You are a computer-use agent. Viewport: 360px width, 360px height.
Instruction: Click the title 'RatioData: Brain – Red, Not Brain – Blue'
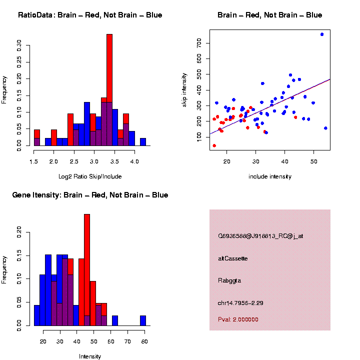click(90, 15)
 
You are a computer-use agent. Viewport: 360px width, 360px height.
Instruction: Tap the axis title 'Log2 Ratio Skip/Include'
click(90, 176)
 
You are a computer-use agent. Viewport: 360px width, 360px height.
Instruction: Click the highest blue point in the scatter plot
click(322, 34)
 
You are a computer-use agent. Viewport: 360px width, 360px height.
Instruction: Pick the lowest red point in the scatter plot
click(214, 145)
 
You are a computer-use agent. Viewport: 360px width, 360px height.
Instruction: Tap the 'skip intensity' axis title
click(184, 89)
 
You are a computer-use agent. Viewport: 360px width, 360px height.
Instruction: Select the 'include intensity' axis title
click(270, 176)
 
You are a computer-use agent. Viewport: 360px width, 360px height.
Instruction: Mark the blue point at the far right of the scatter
click(325, 128)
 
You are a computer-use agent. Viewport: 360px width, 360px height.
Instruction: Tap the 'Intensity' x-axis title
click(90, 356)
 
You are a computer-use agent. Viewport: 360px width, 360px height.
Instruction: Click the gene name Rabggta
click(229, 280)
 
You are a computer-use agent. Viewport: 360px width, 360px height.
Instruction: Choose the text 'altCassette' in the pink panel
click(233, 258)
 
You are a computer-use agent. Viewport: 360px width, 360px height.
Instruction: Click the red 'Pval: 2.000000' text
click(238, 319)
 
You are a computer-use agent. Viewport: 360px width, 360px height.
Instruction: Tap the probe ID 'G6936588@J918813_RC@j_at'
click(260, 236)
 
